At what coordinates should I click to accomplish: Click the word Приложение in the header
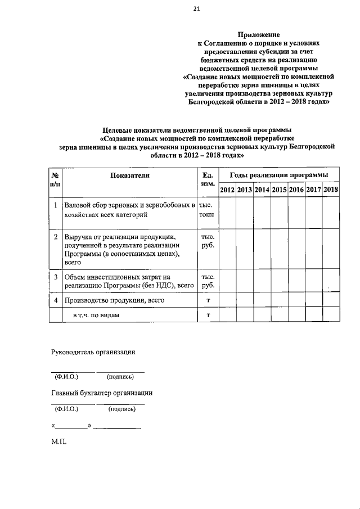[259, 34]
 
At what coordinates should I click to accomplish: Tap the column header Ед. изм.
[207, 180]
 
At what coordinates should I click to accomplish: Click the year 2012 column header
[227, 190]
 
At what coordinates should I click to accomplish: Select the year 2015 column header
[279, 190]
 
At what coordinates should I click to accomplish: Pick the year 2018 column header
[331, 190]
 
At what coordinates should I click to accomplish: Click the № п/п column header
[55, 180]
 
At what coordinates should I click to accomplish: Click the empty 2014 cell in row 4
[262, 301]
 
